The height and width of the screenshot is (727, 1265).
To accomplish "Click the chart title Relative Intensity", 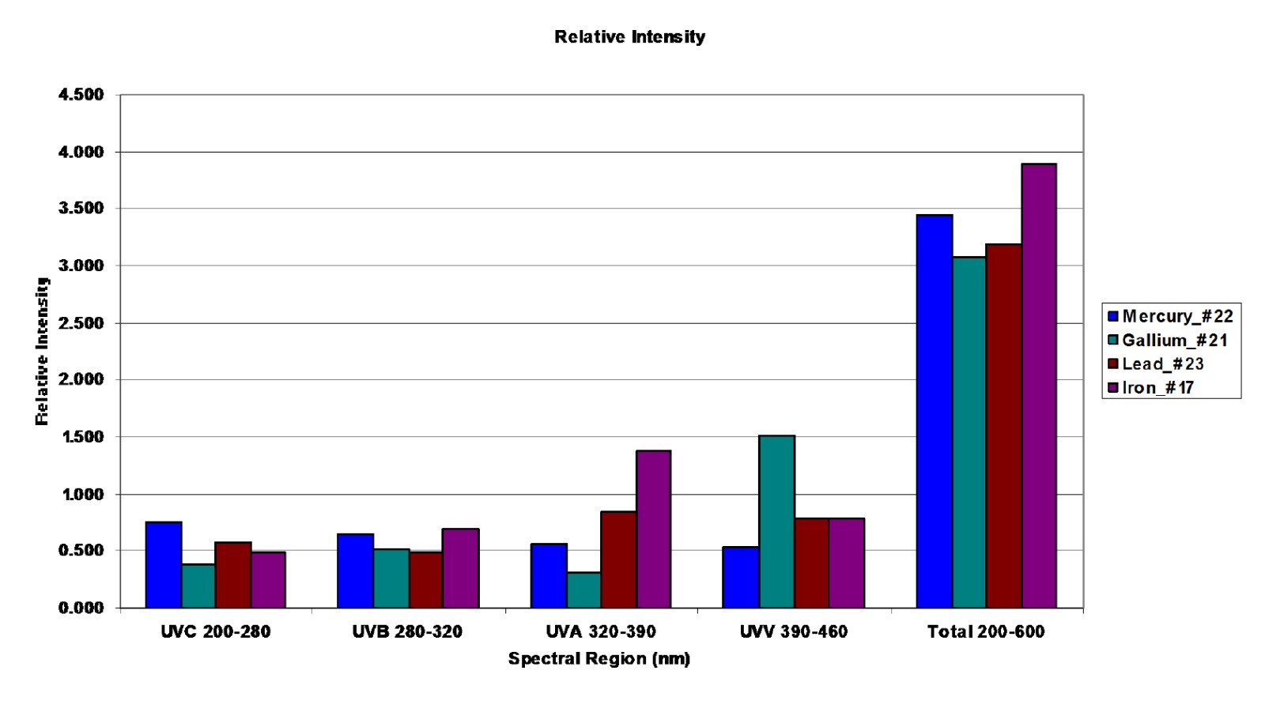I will click(629, 37).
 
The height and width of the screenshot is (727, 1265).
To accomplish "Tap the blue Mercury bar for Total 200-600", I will click(934, 411).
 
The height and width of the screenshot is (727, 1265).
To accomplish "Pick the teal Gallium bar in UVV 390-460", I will click(776, 522).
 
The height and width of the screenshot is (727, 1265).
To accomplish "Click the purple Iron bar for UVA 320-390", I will click(653, 529).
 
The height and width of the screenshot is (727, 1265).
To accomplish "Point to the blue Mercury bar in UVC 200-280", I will click(164, 564).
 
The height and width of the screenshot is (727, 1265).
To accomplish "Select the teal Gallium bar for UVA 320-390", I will click(583, 590).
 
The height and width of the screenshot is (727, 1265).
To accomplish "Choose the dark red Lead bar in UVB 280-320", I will click(425, 579).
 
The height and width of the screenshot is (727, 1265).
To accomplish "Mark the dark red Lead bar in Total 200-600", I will click(1003, 426).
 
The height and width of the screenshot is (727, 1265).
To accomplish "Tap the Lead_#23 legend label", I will click(1162, 363).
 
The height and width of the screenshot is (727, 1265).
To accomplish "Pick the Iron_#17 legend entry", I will click(1157, 387).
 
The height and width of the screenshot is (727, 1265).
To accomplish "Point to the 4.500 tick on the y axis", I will click(81, 95).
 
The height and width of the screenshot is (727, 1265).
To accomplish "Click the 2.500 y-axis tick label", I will click(81, 323).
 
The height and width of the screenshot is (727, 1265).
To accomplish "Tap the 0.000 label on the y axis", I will click(81, 608).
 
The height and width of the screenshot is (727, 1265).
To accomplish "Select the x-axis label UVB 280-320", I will click(407, 631).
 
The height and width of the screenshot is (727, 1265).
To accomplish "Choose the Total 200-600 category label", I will click(986, 631).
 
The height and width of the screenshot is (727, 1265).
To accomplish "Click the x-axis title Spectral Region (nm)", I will click(599, 658).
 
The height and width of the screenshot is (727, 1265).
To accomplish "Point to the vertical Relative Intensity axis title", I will click(42, 351).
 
